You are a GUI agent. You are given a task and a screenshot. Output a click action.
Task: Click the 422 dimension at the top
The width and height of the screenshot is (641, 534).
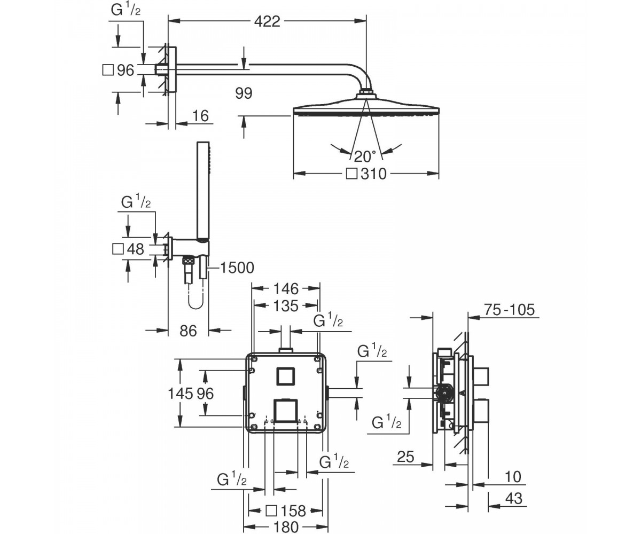tap(267, 21)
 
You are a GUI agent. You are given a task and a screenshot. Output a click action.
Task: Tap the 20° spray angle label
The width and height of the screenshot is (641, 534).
tap(365, 156)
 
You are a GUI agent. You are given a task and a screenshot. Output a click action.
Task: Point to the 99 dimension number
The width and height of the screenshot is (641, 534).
tap(244, 93)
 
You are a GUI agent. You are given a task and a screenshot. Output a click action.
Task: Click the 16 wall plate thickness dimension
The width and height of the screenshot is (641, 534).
tap(200, 116)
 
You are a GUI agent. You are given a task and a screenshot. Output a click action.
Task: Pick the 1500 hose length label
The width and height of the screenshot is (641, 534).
tap(237, 268)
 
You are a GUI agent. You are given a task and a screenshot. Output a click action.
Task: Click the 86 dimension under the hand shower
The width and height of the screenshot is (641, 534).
tap(188, 331)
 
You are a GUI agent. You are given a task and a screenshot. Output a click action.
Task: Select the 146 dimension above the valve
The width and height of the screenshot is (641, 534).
tap(285, 289)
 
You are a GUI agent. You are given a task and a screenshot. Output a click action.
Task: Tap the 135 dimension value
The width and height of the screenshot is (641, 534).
tap(285, 306)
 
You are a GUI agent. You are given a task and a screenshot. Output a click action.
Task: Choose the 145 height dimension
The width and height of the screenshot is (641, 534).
tap(181, 394)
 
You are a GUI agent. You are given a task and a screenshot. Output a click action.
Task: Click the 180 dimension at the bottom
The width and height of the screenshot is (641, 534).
tap(285, 527)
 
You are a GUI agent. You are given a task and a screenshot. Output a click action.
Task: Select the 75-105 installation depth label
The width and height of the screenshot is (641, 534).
tap(509, 310)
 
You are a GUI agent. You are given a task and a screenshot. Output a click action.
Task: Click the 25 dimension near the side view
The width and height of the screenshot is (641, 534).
tap(405, 457)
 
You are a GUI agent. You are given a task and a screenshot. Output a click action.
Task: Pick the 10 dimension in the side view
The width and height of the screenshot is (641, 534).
tap(513, 477)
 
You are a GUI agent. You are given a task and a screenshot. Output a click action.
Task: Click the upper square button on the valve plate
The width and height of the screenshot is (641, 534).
tap(286, 376)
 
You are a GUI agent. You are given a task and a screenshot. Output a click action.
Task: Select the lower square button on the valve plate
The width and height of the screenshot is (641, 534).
tap(285, 410)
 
